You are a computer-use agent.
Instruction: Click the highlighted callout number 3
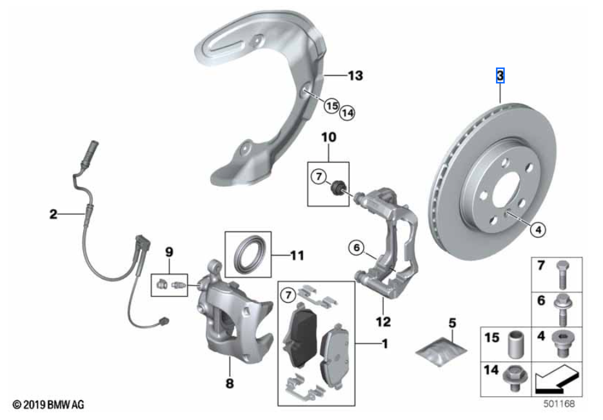pos(500,75)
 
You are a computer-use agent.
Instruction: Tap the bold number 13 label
pos(355,75)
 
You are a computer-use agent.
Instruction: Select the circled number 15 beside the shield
pos(331,105)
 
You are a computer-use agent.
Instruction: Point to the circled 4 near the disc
pos(538,230)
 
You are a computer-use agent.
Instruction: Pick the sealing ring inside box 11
pos(248,254)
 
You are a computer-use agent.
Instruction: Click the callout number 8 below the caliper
pos(230,383)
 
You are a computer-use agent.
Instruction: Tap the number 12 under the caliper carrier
pos(384,321)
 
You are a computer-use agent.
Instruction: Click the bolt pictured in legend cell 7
pos(562,275)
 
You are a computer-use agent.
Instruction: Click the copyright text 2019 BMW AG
pos(48,405)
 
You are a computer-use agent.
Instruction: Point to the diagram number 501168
pos(559,404)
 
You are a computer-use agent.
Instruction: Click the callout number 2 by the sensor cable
pos(54,214)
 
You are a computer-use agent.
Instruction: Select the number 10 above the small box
pos(328,137)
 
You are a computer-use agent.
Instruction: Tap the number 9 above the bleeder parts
pos(169,252)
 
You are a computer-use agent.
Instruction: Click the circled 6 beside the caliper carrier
pos(357,248)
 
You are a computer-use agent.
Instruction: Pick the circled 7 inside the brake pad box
pos(288,295)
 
